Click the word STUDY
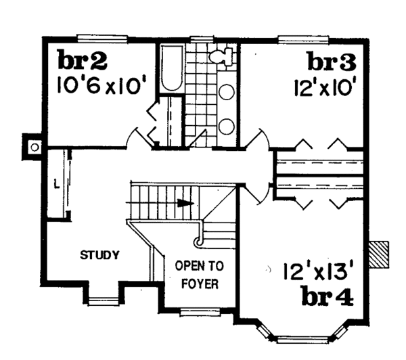tap(99, 255)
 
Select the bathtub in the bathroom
tap(171, 70)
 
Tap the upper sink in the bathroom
tap(227, 91)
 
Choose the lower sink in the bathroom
tap(227, 125)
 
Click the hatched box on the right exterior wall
tap(380, 253)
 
